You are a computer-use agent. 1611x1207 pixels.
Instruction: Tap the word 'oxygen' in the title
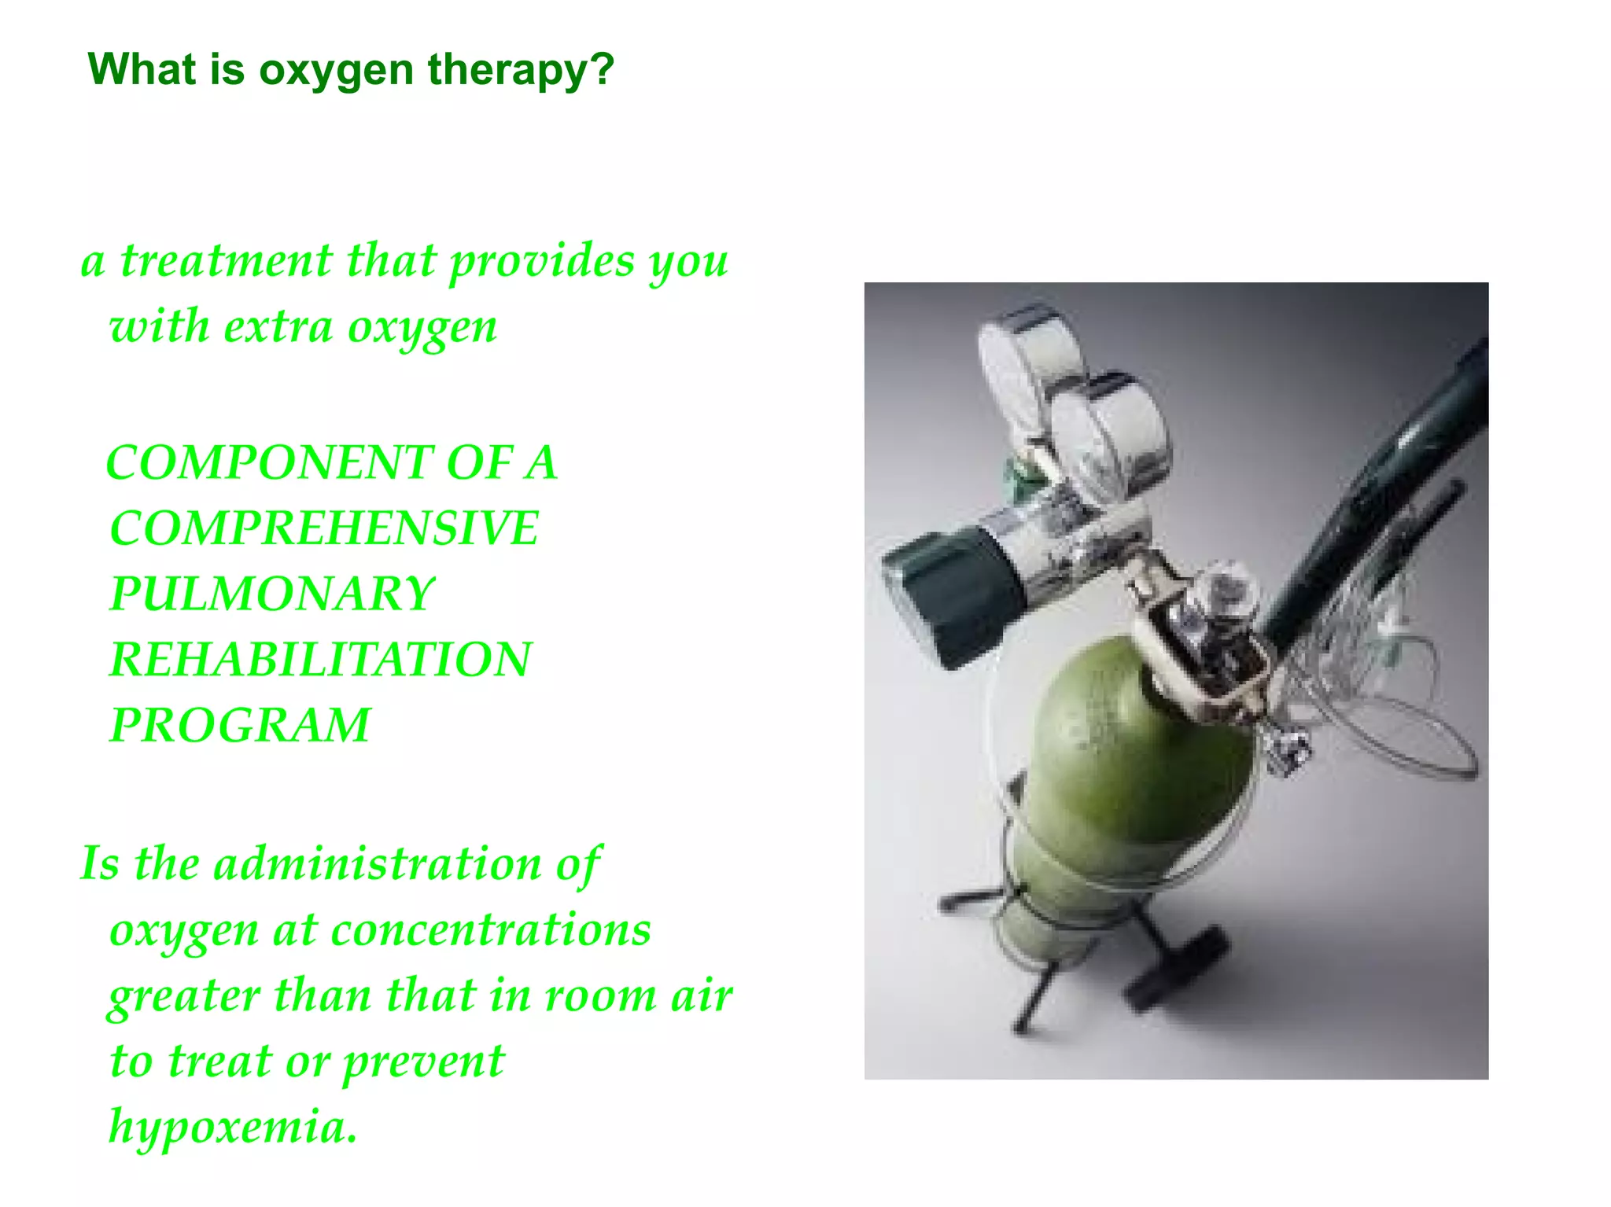336,71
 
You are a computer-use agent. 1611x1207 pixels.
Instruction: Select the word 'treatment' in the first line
226,261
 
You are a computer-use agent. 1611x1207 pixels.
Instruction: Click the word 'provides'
541,261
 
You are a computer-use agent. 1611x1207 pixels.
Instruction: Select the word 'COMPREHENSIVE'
324,528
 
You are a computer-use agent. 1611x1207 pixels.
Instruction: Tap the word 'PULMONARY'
271,594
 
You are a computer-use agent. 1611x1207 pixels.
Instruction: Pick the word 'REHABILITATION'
320,659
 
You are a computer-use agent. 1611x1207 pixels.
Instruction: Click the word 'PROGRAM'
240,725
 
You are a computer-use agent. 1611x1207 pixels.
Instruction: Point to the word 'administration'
378,864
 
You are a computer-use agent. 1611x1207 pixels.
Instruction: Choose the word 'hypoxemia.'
233,1127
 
